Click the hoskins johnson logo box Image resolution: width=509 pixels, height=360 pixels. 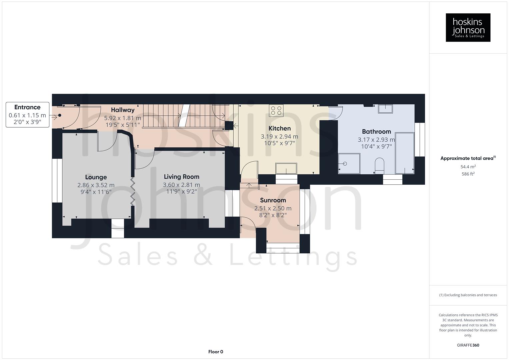pyautogui.click(x=468, y=27)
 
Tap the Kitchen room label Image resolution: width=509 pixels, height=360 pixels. pyautogui.click(x=279, y=128)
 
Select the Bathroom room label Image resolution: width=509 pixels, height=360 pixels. pyautogui.click(x=376, y=131)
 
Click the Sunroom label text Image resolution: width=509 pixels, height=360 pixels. pyautogui.click(x=273, y=200)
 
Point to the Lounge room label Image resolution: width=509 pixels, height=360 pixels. pyautogui.click(x=96, y=177)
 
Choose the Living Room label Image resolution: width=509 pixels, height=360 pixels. pyautogui.click(x=181, y=177)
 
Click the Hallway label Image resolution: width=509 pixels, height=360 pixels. pyautogui.click(x=123, y=110)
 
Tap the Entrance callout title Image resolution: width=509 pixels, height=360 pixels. pyautogui.click(x=27, y=107)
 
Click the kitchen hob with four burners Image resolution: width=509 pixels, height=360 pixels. pyautogui.click(x=276, y=110)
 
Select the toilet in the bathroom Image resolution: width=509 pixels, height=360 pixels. pyautogui.click(x=379, y=165)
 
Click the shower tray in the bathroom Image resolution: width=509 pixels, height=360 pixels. pyautogui.click(x=349, y=163)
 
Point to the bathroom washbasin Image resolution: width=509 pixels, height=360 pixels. pyautogui.click(x=385, y=109)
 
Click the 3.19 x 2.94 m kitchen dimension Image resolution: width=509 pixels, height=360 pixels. pyautogui.click(x=279, y=136)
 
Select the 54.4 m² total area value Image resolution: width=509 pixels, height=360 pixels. pyautogui.click(x=468, y=167)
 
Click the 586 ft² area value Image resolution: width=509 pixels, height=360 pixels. pyautogui.click(x=468, y=174)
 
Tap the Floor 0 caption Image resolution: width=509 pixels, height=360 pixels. pyautogui.click(x=216, y=352)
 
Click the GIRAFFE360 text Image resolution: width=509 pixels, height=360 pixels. pyautogui.click(x=468, y=345)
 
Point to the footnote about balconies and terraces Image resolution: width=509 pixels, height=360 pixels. pyautogui.click(x=468, y=295)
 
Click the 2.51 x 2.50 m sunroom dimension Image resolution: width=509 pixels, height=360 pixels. pyautogui.click(x=273, y=208)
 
